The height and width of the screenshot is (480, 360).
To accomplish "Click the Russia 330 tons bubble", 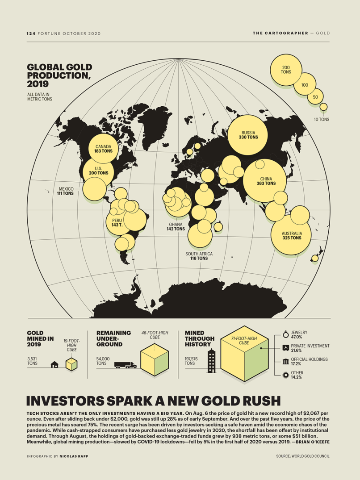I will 248,134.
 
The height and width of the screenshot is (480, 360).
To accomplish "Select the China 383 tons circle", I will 264,180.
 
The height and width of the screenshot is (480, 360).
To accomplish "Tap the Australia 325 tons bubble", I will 292,235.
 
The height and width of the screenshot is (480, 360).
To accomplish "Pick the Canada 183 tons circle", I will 103,148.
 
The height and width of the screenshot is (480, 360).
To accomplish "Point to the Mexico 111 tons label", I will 65,191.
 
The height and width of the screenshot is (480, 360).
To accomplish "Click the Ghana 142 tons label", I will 176,226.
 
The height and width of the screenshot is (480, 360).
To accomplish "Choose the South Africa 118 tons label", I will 199,256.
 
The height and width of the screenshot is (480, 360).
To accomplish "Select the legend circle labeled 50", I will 315,97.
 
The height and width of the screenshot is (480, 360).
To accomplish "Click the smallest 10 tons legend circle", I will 324,107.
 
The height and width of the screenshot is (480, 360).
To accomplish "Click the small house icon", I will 55,364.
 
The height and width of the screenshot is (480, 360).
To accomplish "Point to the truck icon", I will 126,365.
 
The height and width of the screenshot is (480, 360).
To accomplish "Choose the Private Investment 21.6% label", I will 310,348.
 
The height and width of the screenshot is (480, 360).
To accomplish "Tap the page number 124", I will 31,33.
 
